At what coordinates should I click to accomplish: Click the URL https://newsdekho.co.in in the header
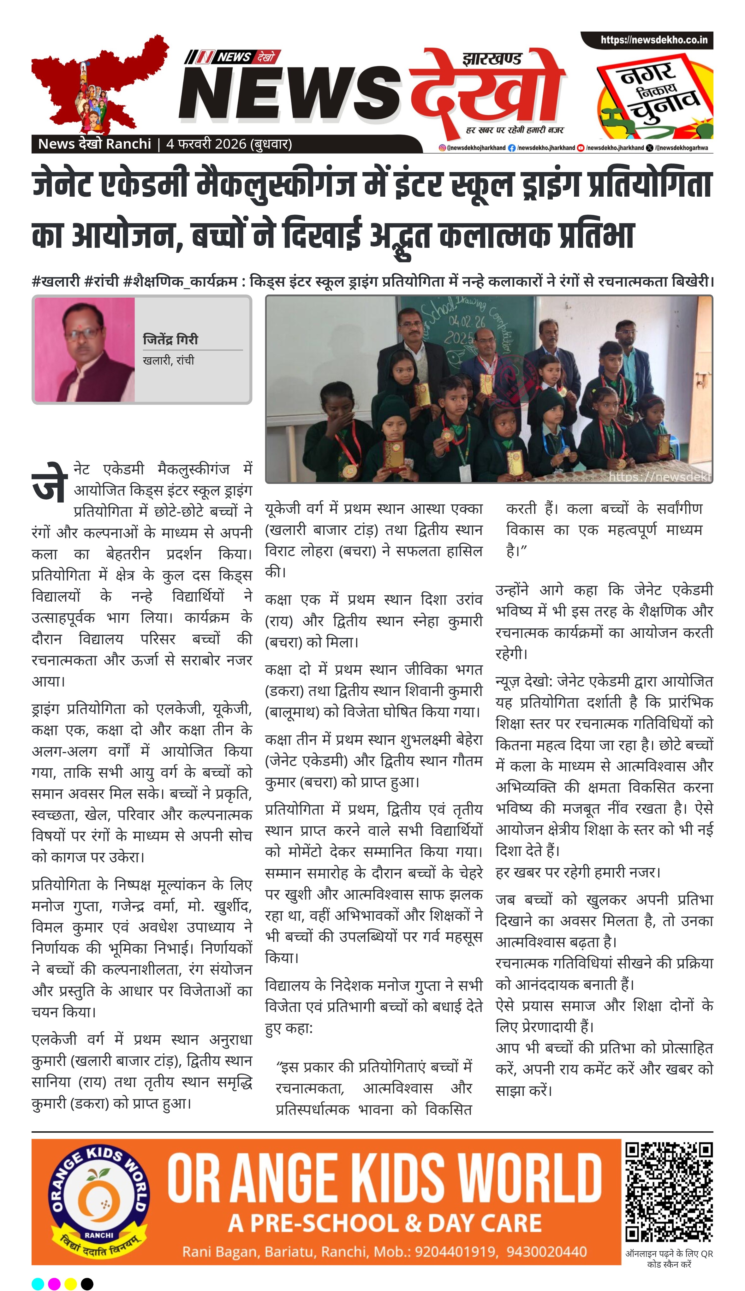(x=653, y=40)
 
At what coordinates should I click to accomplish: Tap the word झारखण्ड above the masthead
(x=492, y=59)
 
